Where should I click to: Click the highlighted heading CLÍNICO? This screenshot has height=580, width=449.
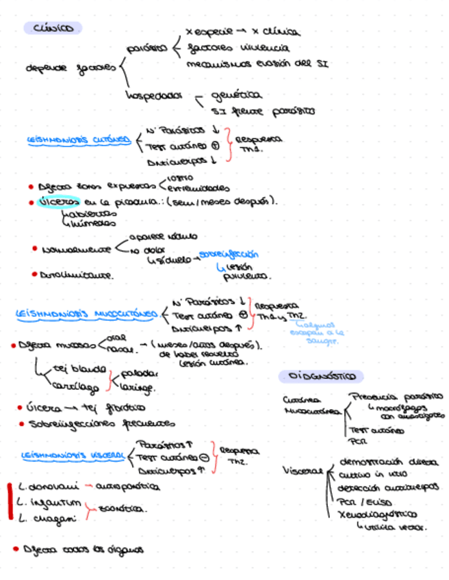(53, 28)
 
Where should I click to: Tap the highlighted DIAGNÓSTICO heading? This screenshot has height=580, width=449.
(321, 377)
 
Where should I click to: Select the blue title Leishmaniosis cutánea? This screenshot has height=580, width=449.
(78, 140)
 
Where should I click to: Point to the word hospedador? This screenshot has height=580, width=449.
(152, 95)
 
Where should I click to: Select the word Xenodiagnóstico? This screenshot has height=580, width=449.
(377, 514)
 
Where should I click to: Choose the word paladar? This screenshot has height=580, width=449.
(140, 374)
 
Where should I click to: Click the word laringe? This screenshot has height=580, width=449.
(138, 388)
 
